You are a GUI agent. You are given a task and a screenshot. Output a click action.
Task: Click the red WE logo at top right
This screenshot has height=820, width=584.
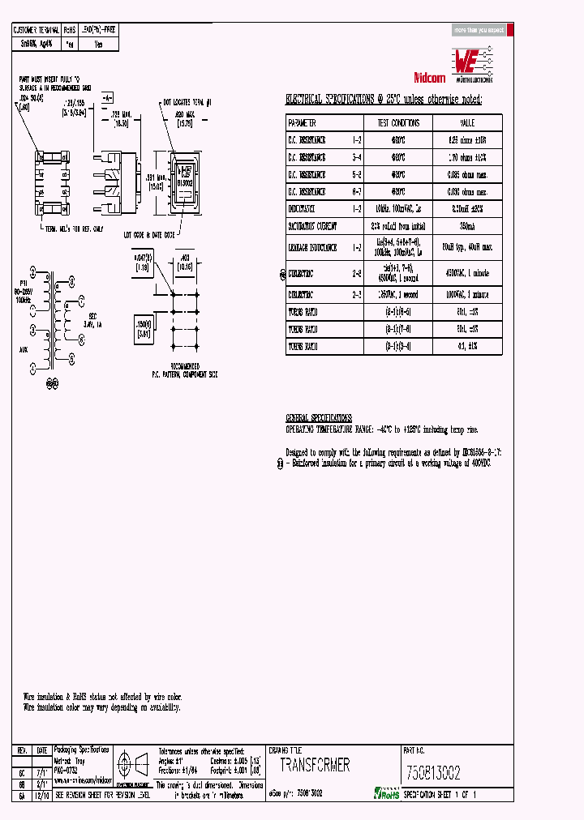pyautogui.click(x=470, y=58)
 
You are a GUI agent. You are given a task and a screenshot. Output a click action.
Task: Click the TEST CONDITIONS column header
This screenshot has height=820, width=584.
pyautogui.click(x=397, y=123)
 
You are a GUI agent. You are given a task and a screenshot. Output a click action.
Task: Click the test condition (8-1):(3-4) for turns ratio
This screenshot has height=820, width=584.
pyautogui.click(x=397, y=346)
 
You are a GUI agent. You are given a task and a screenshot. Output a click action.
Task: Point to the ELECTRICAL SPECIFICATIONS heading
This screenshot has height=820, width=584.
pyautogui.click(x=383, y=100)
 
